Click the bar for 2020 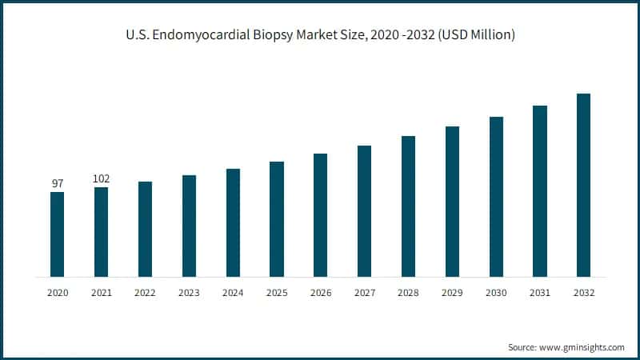point(57,234)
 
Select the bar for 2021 point(101,232)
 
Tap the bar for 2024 point(233,222)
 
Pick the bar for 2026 point(320,215)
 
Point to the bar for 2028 point(408,206)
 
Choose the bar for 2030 point(496,197)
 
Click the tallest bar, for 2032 point(583,185)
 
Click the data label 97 point(57,184)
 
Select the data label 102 point(101,178)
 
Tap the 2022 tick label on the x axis point(145,294)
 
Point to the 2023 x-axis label point(189,294)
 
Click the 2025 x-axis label point(277,294)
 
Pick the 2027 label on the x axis point(364,294)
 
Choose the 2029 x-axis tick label point(452,294)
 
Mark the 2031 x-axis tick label point(540,294)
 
